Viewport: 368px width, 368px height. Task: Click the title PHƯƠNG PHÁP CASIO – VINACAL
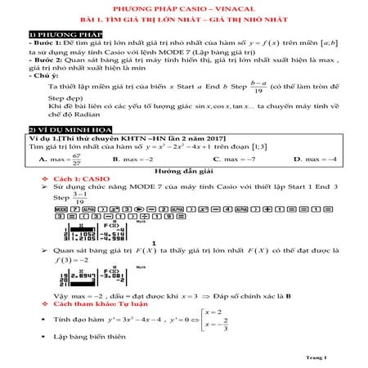click(x=183, y=7)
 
